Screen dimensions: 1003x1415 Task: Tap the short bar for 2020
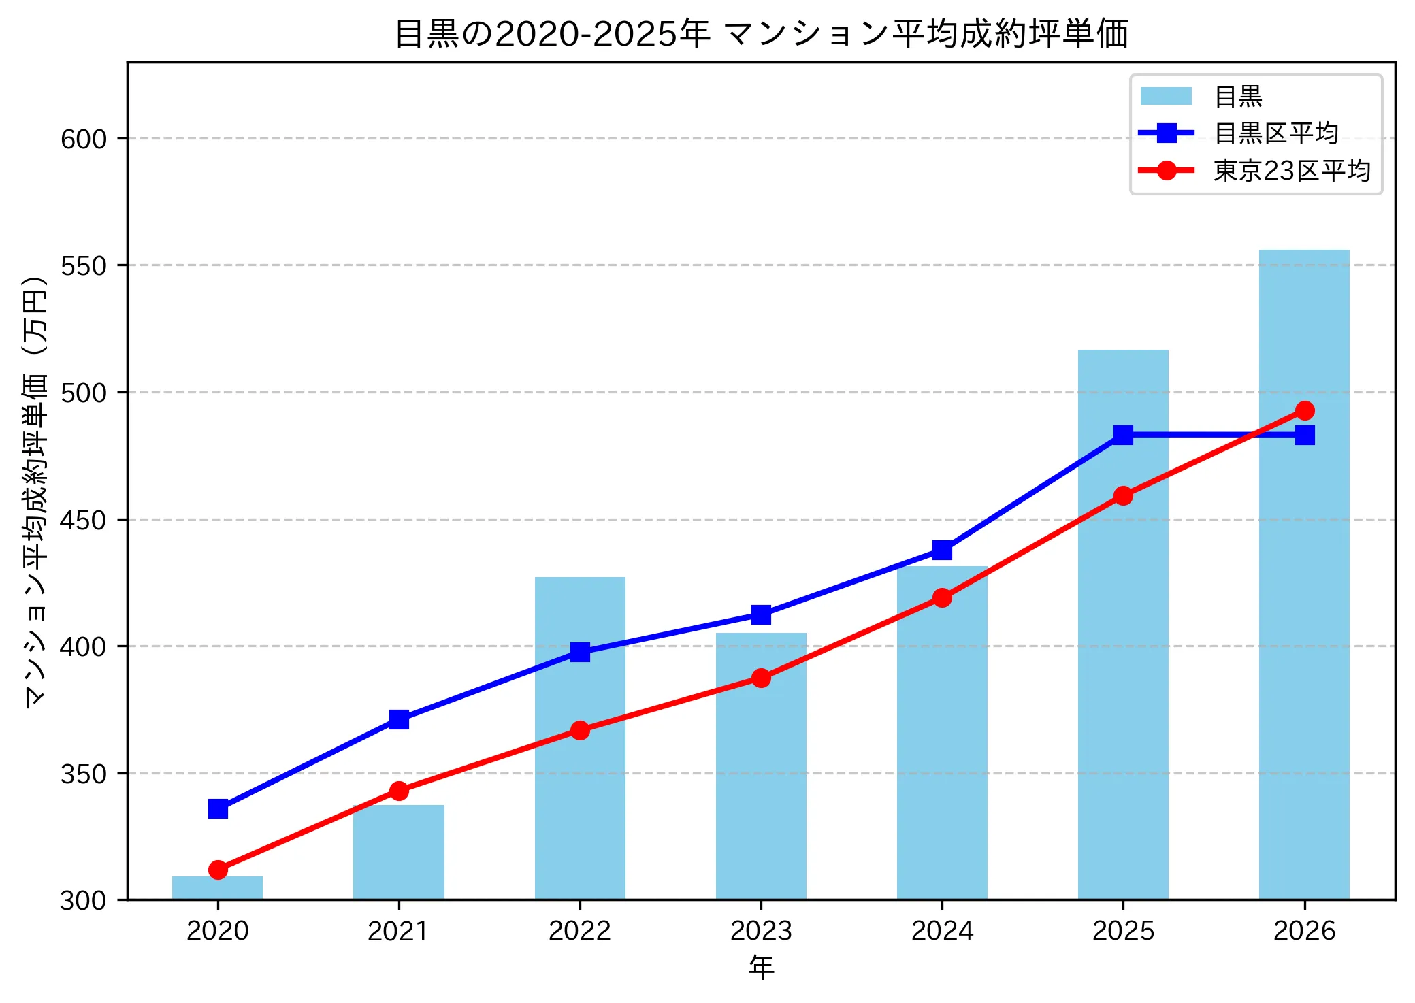coord(217,888)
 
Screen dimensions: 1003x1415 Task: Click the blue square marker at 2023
coord(761,614)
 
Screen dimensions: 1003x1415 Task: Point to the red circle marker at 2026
coord(1305,411)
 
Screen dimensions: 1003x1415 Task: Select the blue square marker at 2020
coord(218,809)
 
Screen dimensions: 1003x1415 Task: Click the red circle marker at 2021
coord(399,791)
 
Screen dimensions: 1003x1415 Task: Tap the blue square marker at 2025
coord(1123,435)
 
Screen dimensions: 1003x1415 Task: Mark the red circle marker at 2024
coord(942,598)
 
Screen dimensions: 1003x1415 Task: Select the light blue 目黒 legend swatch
coord(1166,96)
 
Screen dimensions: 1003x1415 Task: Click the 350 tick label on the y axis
coord(84,774)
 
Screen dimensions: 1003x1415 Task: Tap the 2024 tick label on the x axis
coord(942,931)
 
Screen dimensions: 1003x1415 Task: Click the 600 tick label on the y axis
coord(84,139)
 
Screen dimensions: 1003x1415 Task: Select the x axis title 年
coord(761,968)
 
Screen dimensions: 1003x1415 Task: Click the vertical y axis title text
coord(35,492)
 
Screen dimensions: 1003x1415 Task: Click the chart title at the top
coord(761,33)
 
